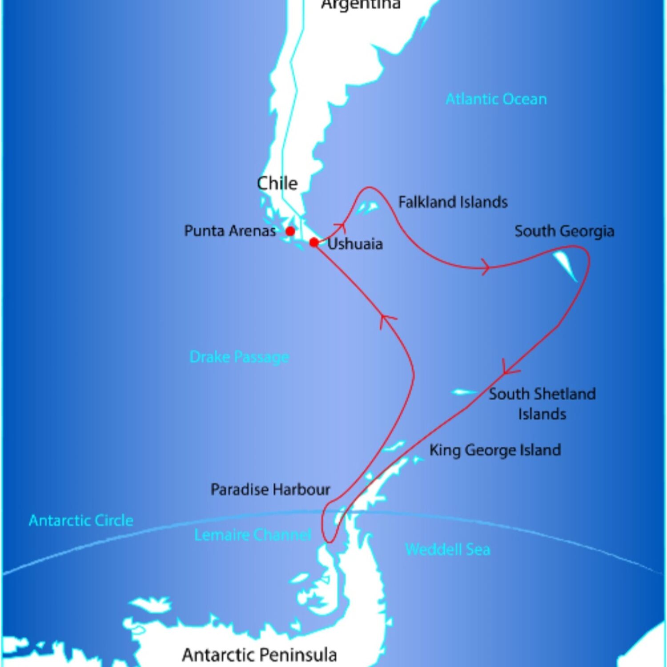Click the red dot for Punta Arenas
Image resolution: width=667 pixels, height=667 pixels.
click(x=290, y=231)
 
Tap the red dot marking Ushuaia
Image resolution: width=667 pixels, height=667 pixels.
click(x=314, y=242)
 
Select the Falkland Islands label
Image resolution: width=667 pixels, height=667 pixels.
click(x=453, y=202)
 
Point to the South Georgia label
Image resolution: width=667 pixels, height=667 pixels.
click(x=564, y=231)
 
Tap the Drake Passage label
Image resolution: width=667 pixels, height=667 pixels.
click(x=239, y=357)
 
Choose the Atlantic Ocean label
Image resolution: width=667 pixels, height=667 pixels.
click(x=496, y=99)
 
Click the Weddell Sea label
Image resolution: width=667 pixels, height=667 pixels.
click(x=447, y=550)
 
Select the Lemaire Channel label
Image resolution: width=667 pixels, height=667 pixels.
click(x=253, y=534)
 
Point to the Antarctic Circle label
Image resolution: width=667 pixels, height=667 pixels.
click(x=81, y=520)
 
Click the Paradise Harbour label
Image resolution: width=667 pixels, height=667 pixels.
click(x=270, y=490)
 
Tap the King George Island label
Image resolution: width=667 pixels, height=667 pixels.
click(x=495, y=450)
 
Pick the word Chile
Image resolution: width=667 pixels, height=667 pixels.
click(x=277, y=183)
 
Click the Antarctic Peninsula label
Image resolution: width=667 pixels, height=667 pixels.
click(x=259, y=655)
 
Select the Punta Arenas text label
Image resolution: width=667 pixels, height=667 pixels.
click(x=230, y=231)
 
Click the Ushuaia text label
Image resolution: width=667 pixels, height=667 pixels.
click(x=355, y=244)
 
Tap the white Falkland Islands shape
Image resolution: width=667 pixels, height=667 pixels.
click(x=368, y=208)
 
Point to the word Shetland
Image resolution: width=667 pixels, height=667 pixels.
click(x=564, y=394)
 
